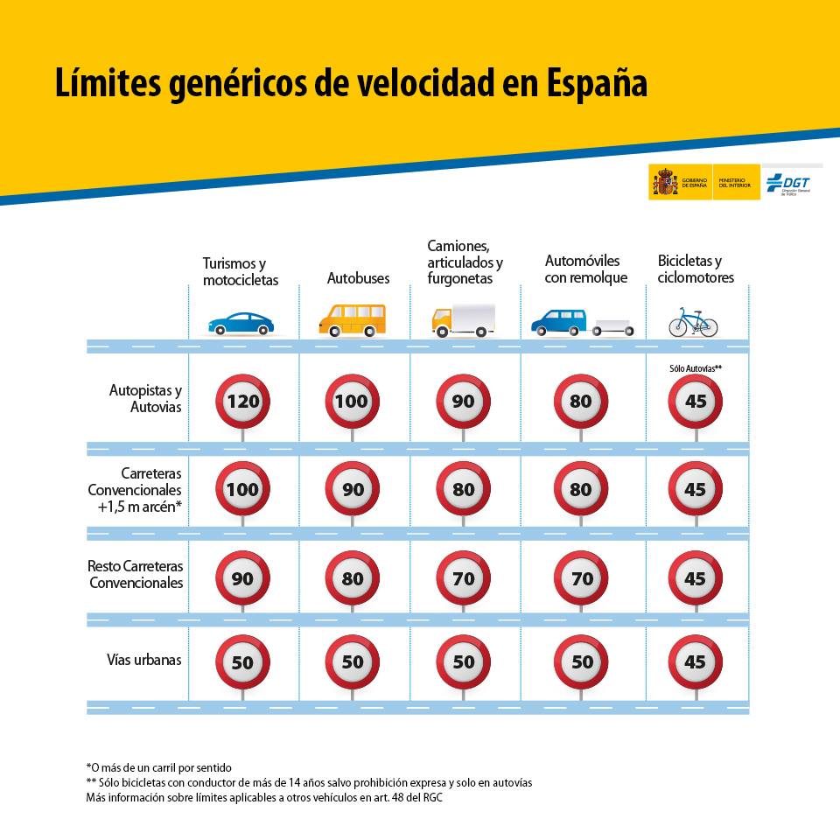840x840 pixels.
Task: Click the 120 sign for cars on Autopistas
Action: pos(242,402)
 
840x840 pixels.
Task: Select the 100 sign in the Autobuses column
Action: pos(353,402)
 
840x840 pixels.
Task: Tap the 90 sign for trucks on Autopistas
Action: pos(463,402)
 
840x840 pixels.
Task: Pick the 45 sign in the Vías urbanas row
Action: pos(696,662)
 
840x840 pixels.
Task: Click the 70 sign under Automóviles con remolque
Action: pos(581,578)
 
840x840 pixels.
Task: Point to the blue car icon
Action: pos(241,323)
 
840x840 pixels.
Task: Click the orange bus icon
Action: pos(352,320)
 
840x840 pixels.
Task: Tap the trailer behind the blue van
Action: pos(613,327)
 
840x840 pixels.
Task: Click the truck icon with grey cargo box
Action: pos(463,320)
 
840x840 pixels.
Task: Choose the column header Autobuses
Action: pos(359,278)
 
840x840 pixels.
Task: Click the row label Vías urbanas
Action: pos(144,660)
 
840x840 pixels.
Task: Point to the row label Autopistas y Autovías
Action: pos(145,398)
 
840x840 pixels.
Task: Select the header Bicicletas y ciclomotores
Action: pos(696,269)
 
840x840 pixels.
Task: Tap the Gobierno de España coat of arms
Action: pos(664,182)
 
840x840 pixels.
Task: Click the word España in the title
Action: pos(598,84)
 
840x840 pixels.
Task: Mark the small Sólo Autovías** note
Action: pos(696,369)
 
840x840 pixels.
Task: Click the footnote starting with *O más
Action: pos(158,767)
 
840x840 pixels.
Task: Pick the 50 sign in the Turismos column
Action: pos(242,662)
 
